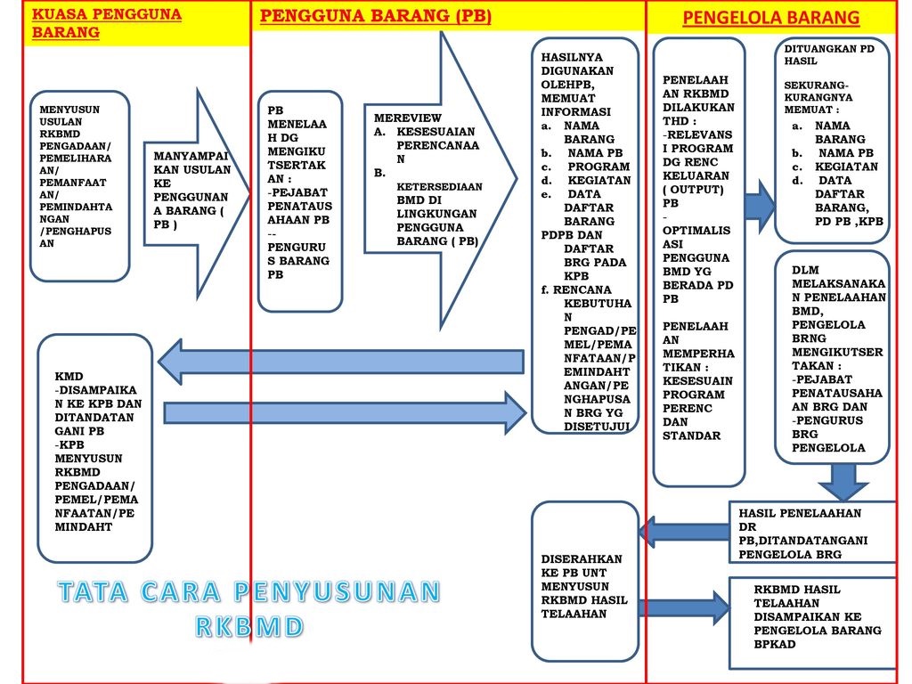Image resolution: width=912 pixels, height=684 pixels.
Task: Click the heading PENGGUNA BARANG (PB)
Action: click(x=375, y=16)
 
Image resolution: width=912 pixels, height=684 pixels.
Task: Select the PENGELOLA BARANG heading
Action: click(x=770, y=18)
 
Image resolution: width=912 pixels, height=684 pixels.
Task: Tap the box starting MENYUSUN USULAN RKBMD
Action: click(x=79, y=178)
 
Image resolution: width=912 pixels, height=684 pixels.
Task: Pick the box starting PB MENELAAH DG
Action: click(x=299, y=199)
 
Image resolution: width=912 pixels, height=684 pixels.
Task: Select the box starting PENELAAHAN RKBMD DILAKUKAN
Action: click(x=698, y=258)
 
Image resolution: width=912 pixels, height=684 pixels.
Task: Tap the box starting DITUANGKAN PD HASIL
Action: click(x=831, y=138)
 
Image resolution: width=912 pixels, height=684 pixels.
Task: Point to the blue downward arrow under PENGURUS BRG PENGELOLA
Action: click(x=842, y=480)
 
